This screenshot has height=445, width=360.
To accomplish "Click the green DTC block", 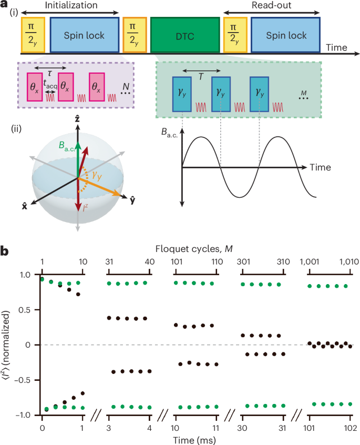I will [184, 35].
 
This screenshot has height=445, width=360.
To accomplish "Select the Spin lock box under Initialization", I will [84, 35].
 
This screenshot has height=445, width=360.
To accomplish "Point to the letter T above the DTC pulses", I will [201, 75].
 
